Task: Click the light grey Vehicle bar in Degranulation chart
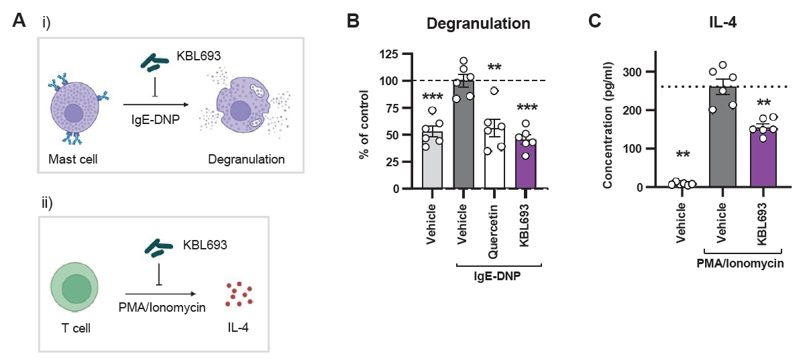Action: [433, 161]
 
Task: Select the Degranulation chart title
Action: [479, 23]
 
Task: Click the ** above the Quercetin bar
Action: [494, 68]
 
